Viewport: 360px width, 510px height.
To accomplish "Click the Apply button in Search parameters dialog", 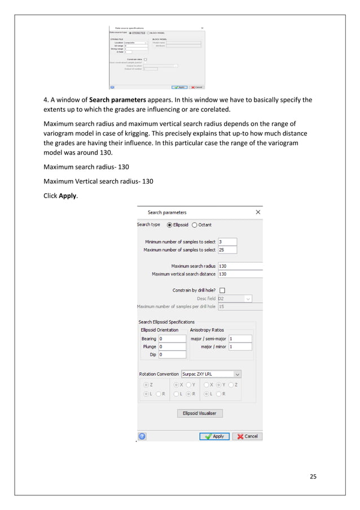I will point(214,436).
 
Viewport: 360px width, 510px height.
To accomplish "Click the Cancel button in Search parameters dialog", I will point(247,436).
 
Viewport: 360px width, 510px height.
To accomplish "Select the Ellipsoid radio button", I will point(169,225).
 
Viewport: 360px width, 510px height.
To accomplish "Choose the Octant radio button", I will point(195,225).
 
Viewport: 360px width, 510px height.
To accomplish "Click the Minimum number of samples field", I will point(227,242).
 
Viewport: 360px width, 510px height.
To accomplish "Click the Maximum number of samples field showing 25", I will point(227,250).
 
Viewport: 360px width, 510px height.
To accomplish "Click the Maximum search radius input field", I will point(240,266).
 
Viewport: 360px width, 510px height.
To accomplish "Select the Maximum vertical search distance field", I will point(240,274).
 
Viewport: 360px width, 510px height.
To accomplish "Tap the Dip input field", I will point(172,355).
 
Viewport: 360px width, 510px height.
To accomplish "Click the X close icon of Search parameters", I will point(258,212).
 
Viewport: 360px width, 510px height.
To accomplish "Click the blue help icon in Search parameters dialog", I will point(142,436).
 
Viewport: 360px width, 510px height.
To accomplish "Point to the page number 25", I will point(313,476).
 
